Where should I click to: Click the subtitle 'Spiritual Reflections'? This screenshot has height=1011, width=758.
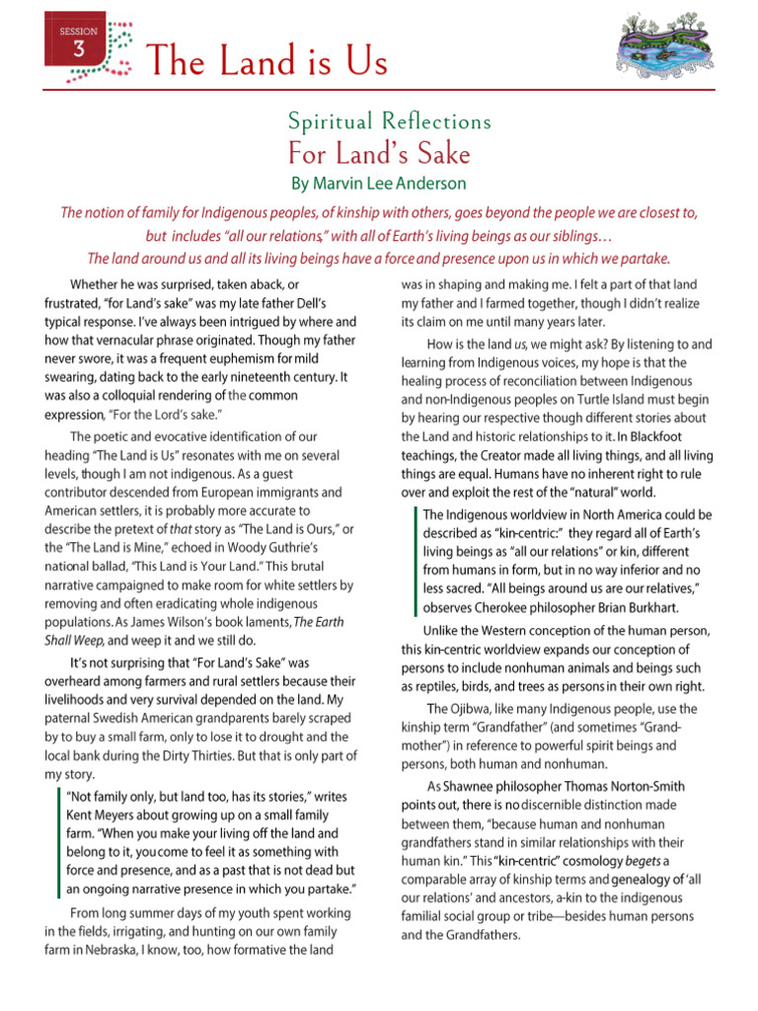click(x=389, y=122)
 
